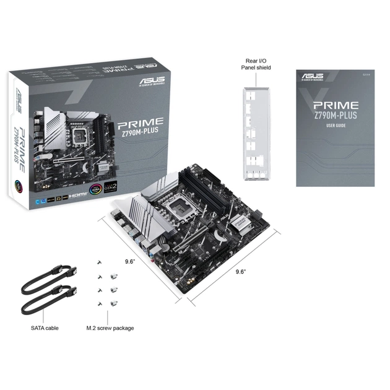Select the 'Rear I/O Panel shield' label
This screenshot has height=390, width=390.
[x=255, y=64]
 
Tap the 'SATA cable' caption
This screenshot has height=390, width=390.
[x=44, y=327]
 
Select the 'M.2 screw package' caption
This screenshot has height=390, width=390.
[x=110, y=327]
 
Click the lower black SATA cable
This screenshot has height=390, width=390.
[x=46, y=301]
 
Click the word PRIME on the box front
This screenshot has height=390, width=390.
[x=144, y=121]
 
